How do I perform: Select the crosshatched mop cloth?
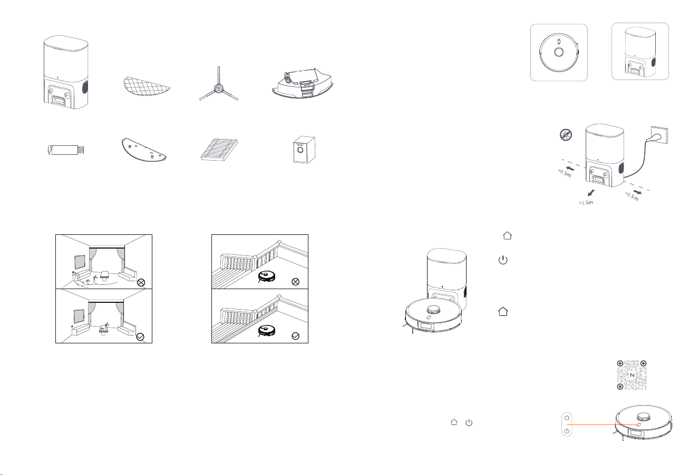(x=147, y=86)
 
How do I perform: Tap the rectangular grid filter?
(x=219, y=150)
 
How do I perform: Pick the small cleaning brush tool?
(x=66, y=150)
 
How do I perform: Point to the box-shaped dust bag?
(x=304, y=150)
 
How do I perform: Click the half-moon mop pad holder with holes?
(x=143, y=150)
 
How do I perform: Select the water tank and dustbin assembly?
(x=303, y=84)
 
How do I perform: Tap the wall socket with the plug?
(x=659, y=135)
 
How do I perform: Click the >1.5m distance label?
(x=586, y=203)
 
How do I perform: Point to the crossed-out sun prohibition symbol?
(x=566, y=135)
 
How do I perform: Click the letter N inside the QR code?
(x=632, y=375)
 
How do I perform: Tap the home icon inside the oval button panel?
(x=567, y=418)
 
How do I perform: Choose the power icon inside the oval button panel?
(x=567, y=431)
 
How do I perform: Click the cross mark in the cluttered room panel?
(x=141, y=282)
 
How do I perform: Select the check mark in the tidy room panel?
(x=140, y=337)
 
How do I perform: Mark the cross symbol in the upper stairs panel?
(x=295, y=282)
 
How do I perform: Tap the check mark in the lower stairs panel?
(x=295, y=336)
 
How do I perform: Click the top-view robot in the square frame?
(x=559, y=52)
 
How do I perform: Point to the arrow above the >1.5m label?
(x=591, y=193)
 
